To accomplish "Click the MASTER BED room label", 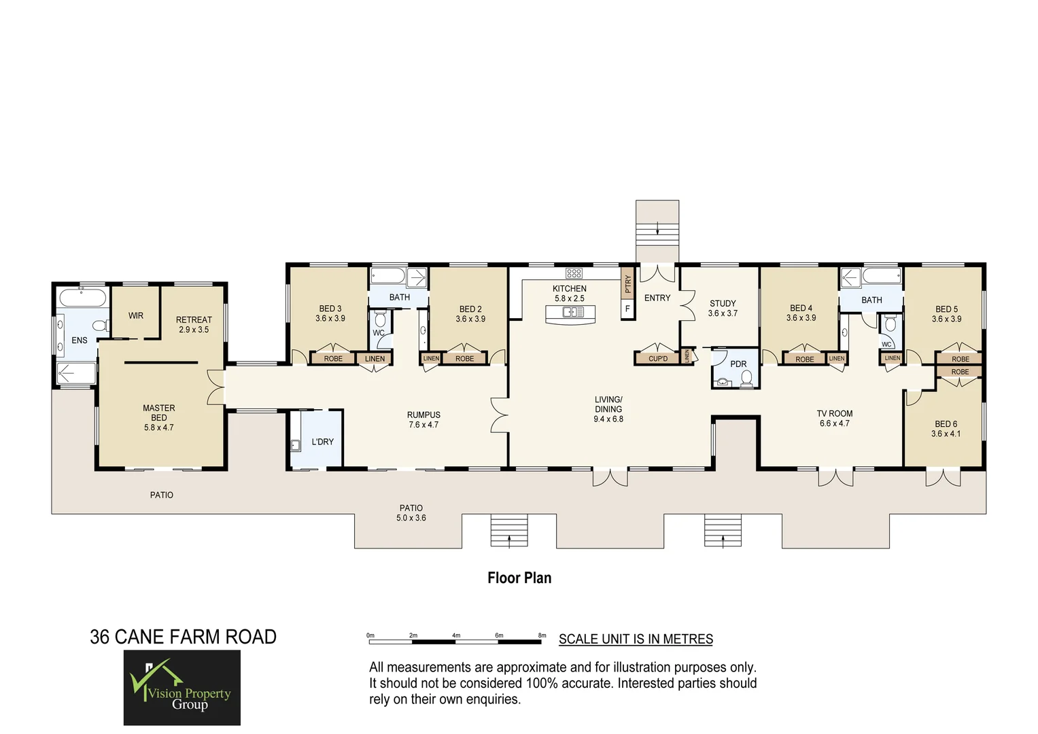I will pyautogui.click(x=158, y=417).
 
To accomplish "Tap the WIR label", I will pyautogui.click(x=136, y=315).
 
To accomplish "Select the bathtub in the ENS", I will pyautogui.click(x=82, y=298).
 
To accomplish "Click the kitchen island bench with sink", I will pyautogui.click(x=570, y=313).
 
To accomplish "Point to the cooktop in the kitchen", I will pyautogui.click(x=574, y=273).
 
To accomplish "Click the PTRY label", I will pyautogui.click(x=627, y=284).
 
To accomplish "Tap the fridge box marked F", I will pyautogui.click(x=627, y=309).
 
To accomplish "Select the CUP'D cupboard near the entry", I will pyautogui.click(x=657, y=358).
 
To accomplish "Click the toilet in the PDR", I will pyautogui.click(x=746, y=378).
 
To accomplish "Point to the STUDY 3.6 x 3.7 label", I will pyautogui.click(x=723, y=309).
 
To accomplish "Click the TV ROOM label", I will pyautogui.click(x=834, y=418).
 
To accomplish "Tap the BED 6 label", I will pyautogui.click(x=946, y=428).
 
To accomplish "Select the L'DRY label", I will pyautogui.click(x=322, y=442).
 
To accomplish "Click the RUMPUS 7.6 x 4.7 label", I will pyautogui.click(x=423, y=419).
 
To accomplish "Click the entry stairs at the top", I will pyautogui.click(x=657, y=230).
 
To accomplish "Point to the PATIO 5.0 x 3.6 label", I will pyautogui.click(x=411, y=512).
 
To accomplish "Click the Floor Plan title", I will pyautogui.click(x=519, y=578).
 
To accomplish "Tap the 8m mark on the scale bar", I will pyautogui.click(x=542, y=636).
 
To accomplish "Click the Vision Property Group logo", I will pyautogui.click(x=181, y=687).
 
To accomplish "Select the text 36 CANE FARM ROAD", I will pyautogui.click(x=183, y=637).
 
